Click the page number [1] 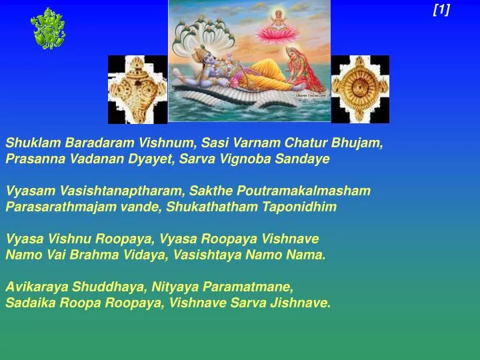pyautogui.click(x=441, y=9)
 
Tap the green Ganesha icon pyautogui.click(x=48, y=28)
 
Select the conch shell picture pyautogui.click(x=137, y=89)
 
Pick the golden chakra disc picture pyautogui.click(x=360, y=89)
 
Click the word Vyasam pyautogui.click(x=25, y=191)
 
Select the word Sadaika pyautogui.click(x=27, y=303)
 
